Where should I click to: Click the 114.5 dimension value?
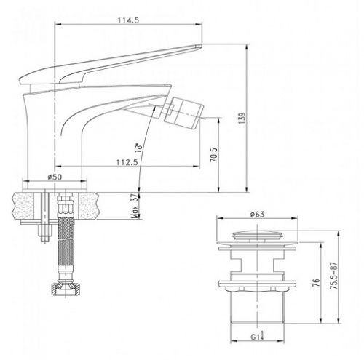coord(128,20)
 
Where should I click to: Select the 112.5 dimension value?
coord(127,162)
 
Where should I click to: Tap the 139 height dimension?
coord(242,119)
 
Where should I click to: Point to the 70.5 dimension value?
coord(214,155)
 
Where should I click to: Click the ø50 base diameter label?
coord(55,177)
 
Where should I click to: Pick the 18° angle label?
coord(138,148)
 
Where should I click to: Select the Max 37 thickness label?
coord(135,206)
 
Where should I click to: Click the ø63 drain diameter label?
coord(258,215)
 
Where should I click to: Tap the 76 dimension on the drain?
coord(316,283)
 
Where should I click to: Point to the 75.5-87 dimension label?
coord(334,276)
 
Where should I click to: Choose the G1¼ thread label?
coord(257,336)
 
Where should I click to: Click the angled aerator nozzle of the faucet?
coord(183,113)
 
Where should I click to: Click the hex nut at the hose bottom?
coord(66,288)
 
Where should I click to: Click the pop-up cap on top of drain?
coord(258,235)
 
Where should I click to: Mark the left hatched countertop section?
coord(23,206)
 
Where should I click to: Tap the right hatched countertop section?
coord(89,206)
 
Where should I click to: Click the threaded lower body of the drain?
coord(257,307)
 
